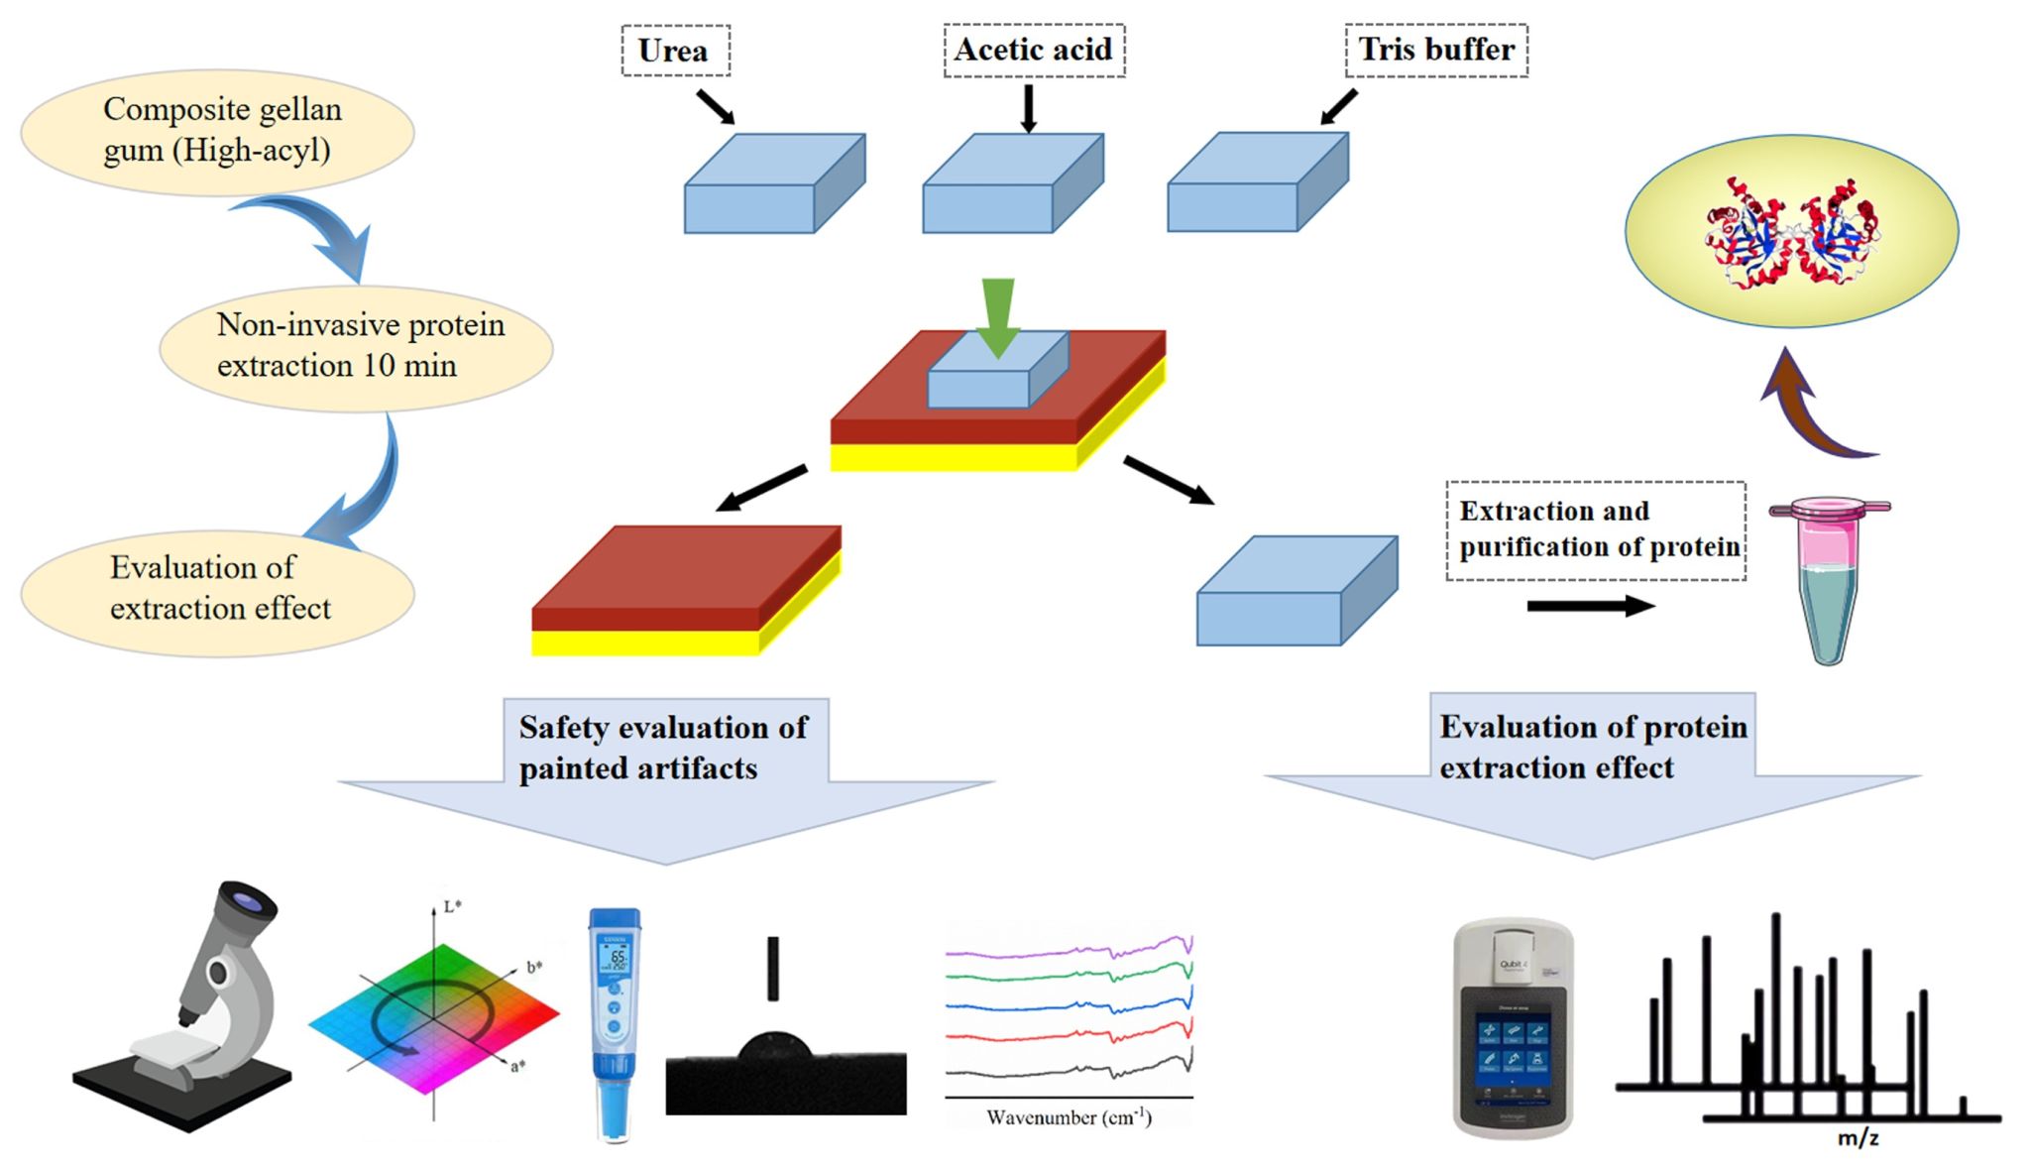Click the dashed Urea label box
[675, 51]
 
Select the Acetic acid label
[1033, 50]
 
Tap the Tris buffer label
[1435, 50]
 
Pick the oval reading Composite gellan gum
[217, 131]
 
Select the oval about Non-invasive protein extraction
[356, 346]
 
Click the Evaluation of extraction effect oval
[217, 589]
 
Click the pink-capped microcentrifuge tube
[1828, 580]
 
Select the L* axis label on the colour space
[452, 906]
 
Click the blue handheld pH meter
[615, 1021]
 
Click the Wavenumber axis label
[1069, 1117]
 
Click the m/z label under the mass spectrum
[1858, 1138]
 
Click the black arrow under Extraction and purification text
[1590, 606]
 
